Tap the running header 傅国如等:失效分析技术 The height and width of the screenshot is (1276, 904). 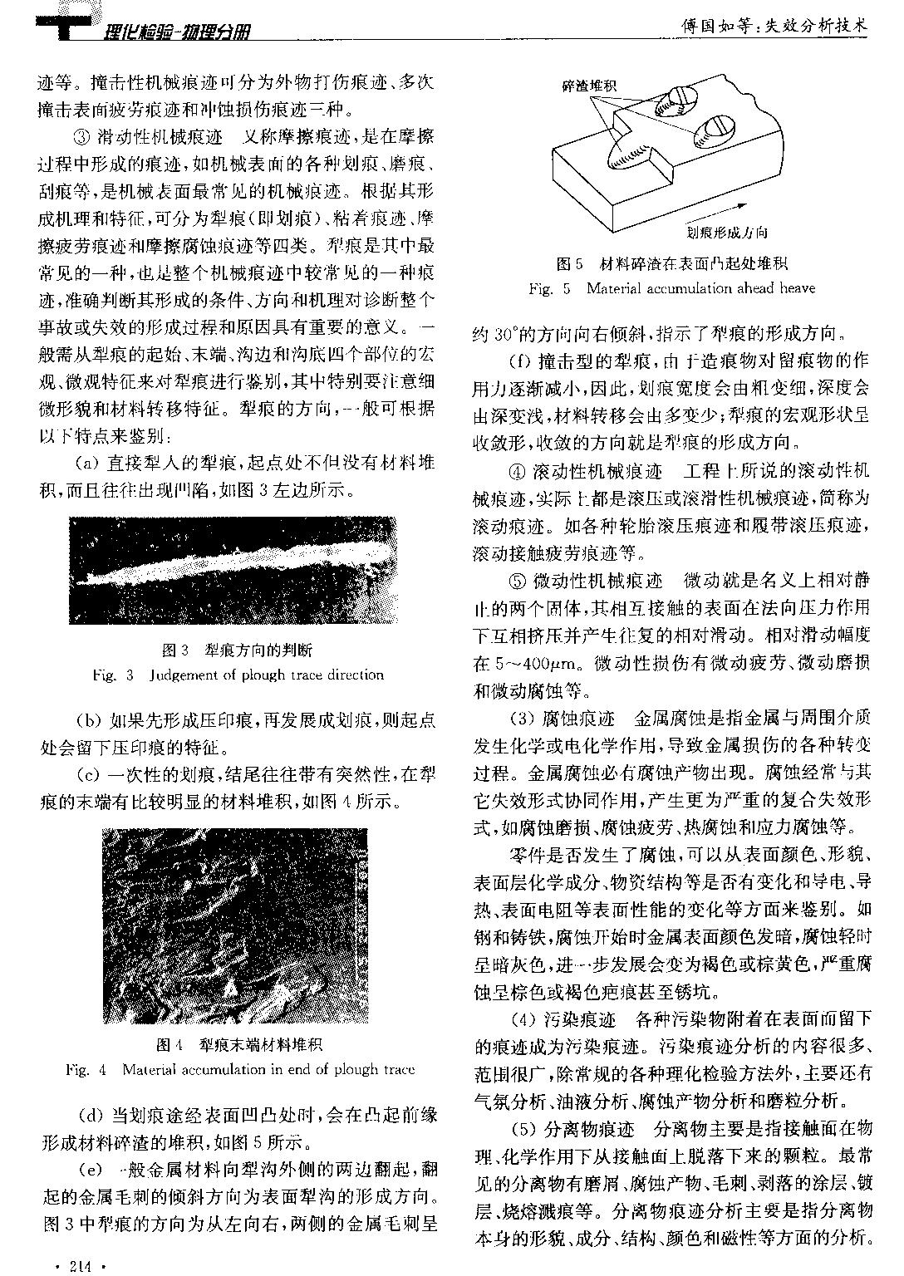[774, 27]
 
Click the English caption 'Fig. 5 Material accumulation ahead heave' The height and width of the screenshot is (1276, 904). [671, 288]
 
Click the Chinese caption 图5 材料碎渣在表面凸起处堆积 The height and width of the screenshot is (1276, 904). [671, 264]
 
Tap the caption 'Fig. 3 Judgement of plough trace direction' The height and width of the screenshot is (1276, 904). [238, 675]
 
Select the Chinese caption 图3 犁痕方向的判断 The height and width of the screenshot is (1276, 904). [238, 650]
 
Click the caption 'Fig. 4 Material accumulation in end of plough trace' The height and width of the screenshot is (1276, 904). [239, 1069]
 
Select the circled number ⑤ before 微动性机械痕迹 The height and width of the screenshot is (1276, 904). [516, 581]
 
